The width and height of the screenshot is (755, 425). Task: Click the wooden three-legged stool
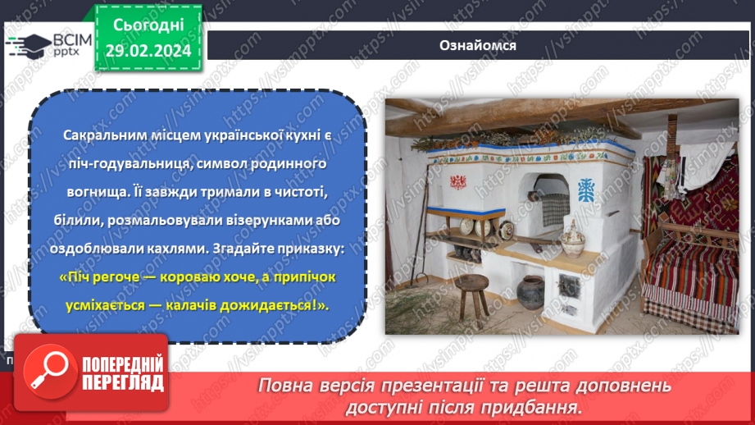point(470,291)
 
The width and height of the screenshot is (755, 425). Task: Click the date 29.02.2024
point(148,52)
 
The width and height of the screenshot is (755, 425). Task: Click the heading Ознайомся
point(476,45)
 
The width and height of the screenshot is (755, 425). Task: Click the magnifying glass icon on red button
point(47,369)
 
